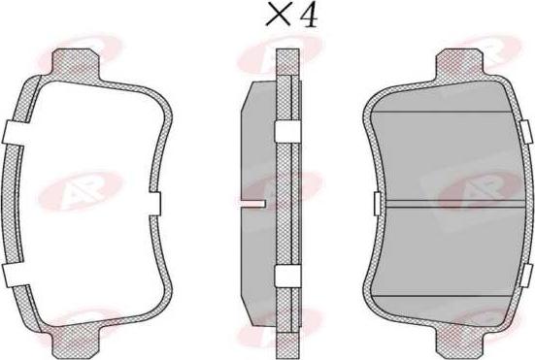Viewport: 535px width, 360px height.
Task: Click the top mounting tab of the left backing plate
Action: pos(84,59)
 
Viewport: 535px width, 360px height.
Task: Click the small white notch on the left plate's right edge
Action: pos(153,202)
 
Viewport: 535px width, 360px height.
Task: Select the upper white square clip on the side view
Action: pos(287,132)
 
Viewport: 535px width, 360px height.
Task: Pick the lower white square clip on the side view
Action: pos(287,278)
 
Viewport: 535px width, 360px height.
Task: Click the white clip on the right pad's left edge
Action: pos(378,202)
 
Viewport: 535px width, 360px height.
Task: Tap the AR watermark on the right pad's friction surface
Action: pos(476,189)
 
